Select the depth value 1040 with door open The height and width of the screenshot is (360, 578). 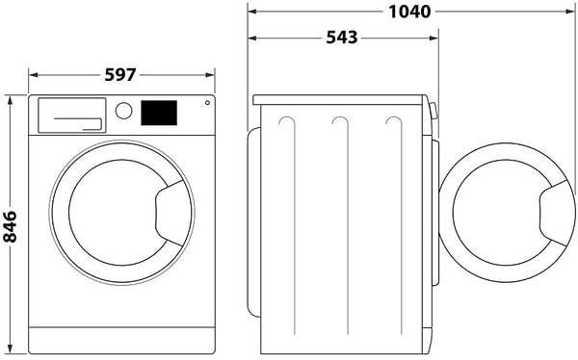[409, 12]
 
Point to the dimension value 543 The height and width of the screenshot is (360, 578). [342, 38]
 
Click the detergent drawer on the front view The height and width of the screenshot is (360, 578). [70, 115]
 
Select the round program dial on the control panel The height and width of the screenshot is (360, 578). [123, 111]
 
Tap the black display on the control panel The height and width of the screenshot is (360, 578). [159, 113]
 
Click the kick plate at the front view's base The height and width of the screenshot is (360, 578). [121, 340]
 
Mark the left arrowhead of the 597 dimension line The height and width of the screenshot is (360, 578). [33, 74]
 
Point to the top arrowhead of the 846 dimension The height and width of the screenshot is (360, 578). [10, 99]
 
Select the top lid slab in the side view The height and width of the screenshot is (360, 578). [338, 99]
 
